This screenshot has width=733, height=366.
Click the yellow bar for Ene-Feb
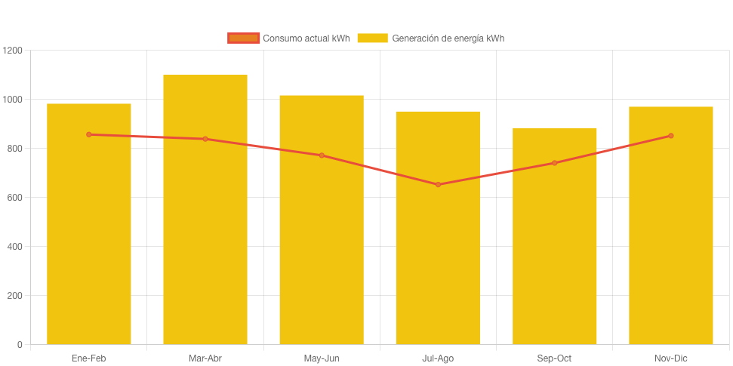[x=89, y=226]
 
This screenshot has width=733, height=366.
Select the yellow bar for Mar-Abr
[x=205, y=211]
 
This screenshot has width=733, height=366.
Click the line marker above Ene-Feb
[x=89, y=134]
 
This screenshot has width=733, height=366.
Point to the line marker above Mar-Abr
[x=205, y=139]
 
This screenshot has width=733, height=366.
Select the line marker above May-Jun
[x=322, y=155]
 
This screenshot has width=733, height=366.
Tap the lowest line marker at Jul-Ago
[x=438, y=184]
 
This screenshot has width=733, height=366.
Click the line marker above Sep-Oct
[x=555, y=163]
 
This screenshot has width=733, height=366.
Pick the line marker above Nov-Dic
[x=671, y=136]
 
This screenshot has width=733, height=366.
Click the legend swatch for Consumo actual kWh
[x=244, y=38]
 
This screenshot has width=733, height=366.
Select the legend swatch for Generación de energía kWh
[x=372, y=38]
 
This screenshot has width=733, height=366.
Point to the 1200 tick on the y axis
[x=13, y=51]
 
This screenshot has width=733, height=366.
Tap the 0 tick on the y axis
[x=20, y=345]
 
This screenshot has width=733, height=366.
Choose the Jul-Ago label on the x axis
[x=438, y=358]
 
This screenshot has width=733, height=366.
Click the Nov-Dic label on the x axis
[x=671, y=358]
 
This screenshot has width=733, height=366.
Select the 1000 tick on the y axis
[x=13, y=100]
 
